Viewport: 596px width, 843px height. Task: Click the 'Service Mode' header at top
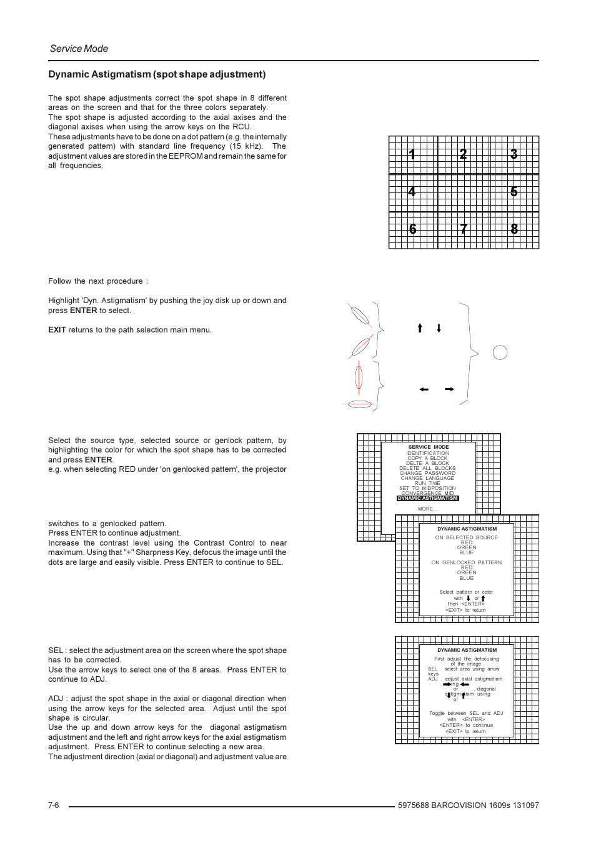coord(79,49)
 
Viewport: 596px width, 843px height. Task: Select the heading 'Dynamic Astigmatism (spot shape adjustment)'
coord(157,74)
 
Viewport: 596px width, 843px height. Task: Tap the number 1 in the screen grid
coord(412,154)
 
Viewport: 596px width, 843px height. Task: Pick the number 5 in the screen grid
coord(514,192)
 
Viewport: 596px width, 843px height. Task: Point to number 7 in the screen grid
coord(463,229)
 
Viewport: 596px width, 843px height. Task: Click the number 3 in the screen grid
coord(514,154)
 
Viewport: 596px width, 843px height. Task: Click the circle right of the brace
coord(500,352)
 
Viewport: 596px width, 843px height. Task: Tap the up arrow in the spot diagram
coord(420,328)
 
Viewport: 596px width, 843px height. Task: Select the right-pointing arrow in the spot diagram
coord(449,389)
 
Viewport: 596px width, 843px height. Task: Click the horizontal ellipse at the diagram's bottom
coord(360,404)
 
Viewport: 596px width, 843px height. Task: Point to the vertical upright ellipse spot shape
coord(359,377)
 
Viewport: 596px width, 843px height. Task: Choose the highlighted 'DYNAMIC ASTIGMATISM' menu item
coord(428,499)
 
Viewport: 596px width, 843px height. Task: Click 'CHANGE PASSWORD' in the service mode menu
coord(427,473)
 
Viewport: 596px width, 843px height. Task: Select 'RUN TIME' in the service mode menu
coord(427,483)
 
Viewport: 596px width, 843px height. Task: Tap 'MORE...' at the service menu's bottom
coord(427,509)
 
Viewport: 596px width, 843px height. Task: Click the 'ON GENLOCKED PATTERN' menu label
coord(467,562)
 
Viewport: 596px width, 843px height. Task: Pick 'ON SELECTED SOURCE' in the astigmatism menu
coord(467,537)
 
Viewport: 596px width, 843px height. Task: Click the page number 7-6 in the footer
coord(53,806)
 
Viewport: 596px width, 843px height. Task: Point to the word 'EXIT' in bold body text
coord(57,330)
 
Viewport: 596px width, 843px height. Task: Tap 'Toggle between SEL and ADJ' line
coord(466,713)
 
